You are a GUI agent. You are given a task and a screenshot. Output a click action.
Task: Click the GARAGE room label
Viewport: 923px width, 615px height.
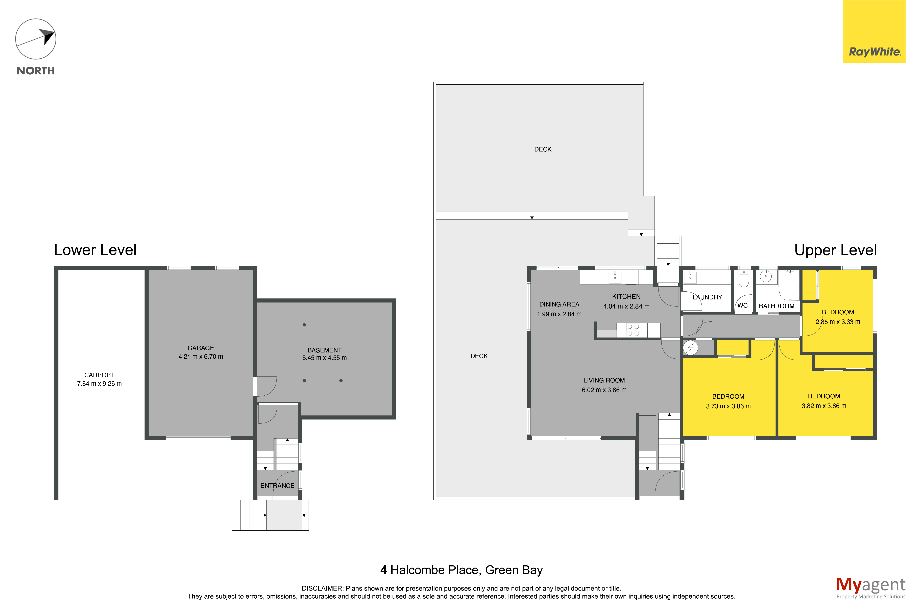tap(200, 348)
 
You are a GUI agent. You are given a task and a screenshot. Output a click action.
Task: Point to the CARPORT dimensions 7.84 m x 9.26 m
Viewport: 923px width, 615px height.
tap(99, 384)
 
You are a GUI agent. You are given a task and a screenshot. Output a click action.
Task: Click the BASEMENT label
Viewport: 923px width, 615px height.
tap(324, 350)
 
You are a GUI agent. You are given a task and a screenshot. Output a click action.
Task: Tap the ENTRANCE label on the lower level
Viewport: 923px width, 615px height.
tap(277, 485)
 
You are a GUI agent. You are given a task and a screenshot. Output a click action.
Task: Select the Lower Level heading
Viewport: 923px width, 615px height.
tap(95, 250)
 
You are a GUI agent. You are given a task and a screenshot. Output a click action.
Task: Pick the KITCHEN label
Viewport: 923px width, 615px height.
tap(626, 297)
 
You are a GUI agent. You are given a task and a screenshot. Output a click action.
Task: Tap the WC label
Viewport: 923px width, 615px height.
tap(742, 305)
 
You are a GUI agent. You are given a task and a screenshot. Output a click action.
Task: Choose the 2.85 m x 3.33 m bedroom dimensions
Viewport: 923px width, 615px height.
tap(838, 322)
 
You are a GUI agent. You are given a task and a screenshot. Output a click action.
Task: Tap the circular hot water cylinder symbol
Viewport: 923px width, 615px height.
tap(690, 347)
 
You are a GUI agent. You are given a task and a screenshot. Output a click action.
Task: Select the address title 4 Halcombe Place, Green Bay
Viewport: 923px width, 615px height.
tap(461, 570)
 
